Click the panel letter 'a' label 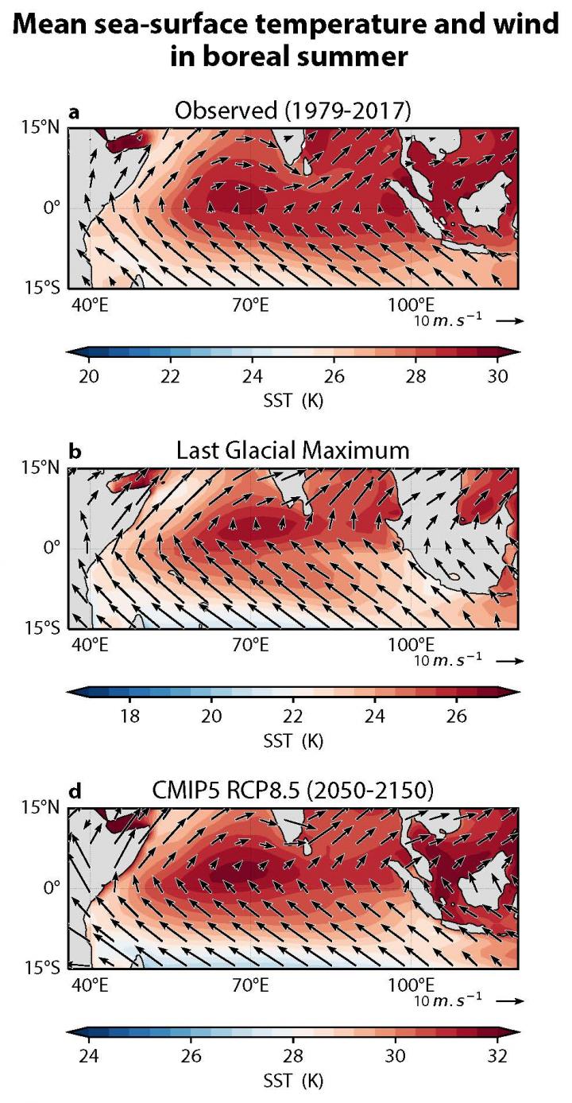tap(75, 113)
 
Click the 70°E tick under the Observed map tap(249, 303)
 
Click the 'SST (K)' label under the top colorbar tap(293, 398)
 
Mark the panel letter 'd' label tap(75, 793)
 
